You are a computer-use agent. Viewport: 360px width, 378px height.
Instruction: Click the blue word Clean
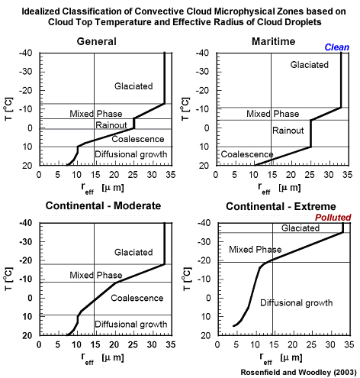coord(336,47)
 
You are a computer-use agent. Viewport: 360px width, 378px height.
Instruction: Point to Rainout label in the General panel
coord(111,125)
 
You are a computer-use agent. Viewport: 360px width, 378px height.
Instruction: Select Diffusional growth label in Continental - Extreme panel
coord(296,303)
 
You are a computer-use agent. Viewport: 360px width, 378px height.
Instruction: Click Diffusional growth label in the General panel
coord(130,155)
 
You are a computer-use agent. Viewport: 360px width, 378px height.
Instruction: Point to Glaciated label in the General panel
coord(133,86)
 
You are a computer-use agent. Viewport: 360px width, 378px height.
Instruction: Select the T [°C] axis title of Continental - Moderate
coord(10,279)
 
